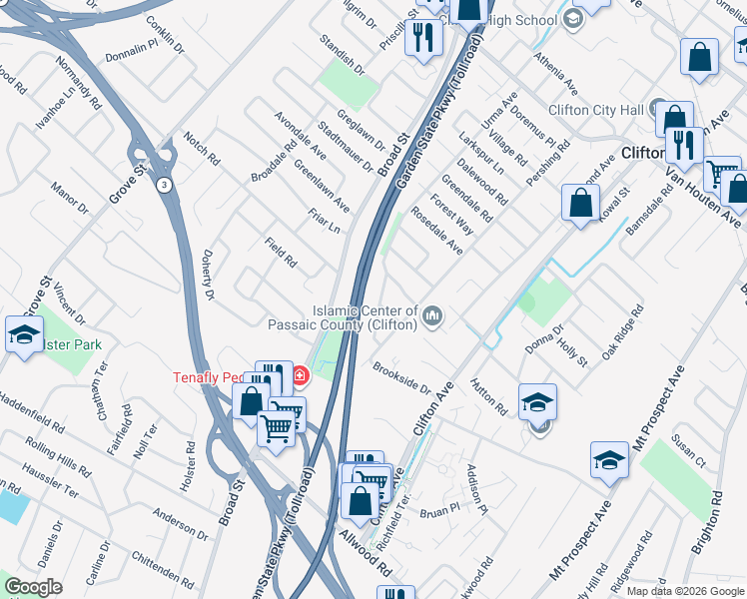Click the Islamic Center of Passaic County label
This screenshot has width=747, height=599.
pyautogui.click(x=365, y=317)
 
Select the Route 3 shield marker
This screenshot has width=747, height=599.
pyautogui.click(x=163, y=186)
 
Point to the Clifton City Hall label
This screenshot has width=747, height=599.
pyautogui.click(x=596, y=110)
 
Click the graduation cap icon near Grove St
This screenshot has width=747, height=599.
pyautogui.click(x=24, y=335)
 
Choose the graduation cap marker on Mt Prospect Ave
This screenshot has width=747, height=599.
pyautogui.click(x=609, y=460)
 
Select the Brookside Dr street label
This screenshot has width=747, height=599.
pyautogui.click(x=401, y=379)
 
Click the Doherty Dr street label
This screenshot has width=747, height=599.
pyautogui.click(x=209, y=276)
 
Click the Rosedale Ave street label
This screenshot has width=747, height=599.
pyautogui.click(x=436, y=231)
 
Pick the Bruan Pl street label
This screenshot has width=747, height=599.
pyautogui.click(x=438, y=508)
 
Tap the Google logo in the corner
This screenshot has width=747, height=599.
pyautogui.click(x=33, y=588)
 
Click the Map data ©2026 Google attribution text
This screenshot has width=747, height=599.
pyautogui.click(x=684, y=591)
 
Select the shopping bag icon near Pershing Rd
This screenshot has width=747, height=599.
pyautogui.click(x=580, y=204)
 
